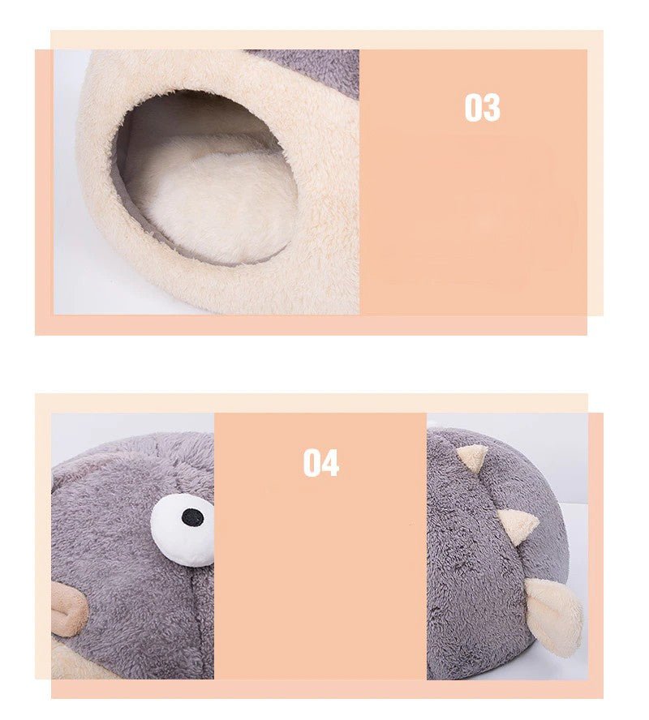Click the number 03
(482, 108)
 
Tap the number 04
(320, 463)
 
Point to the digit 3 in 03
(492, 108)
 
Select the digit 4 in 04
(329, 463)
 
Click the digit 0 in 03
(473, 108)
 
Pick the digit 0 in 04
(312, 463)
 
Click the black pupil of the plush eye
(192, 516)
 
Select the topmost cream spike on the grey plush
(472, 457)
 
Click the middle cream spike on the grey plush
(517, 525)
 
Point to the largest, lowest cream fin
(556, 614)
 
